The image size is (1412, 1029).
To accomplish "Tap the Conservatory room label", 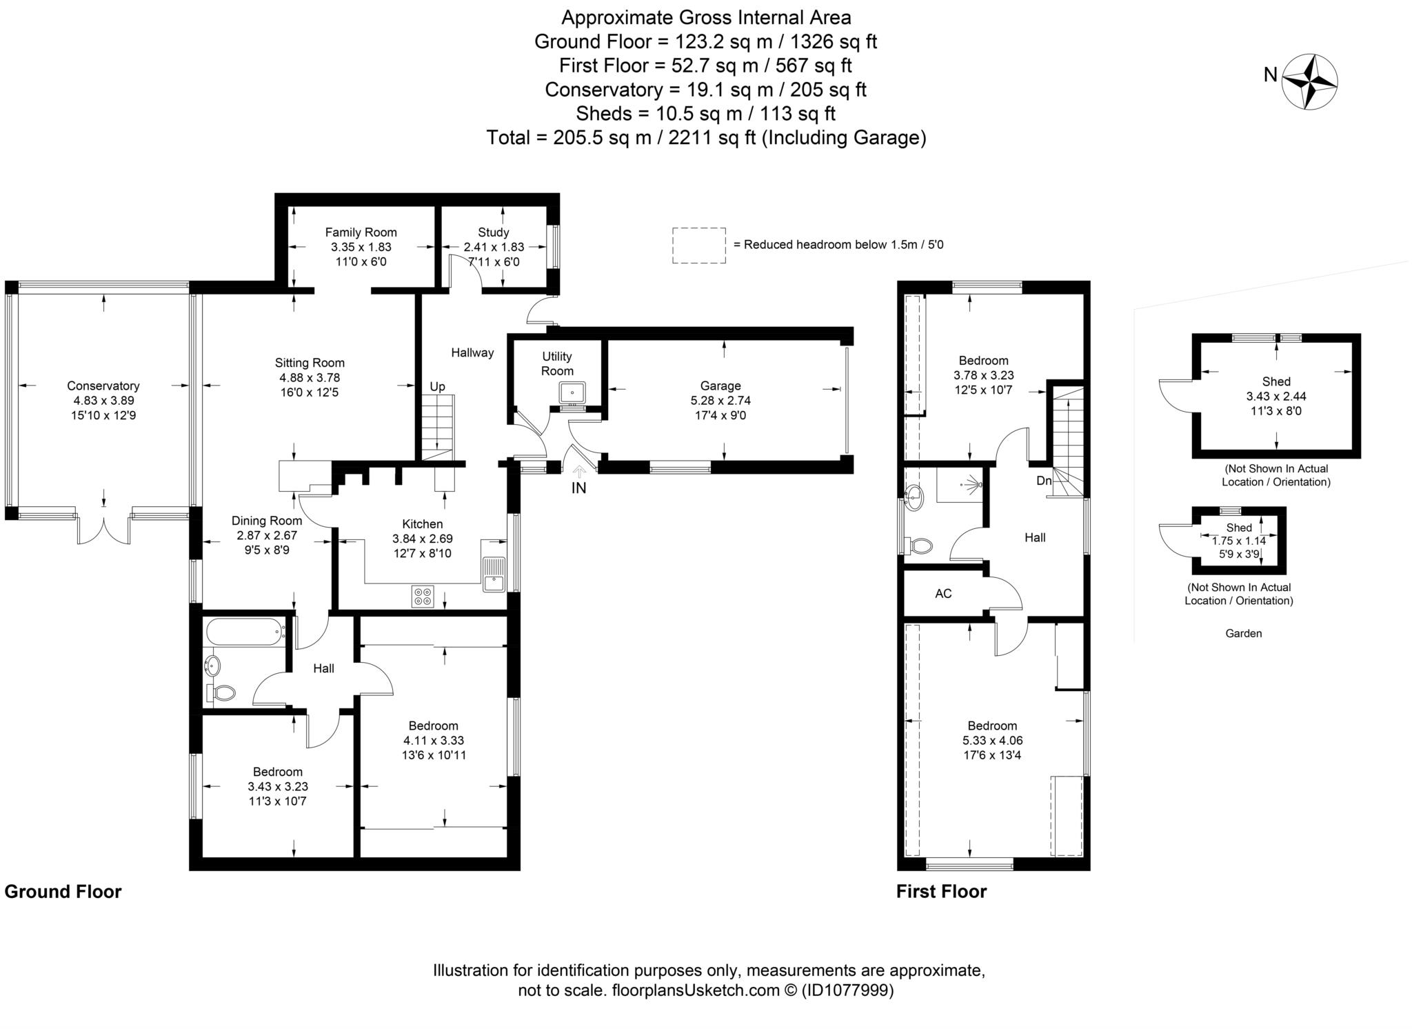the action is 103,386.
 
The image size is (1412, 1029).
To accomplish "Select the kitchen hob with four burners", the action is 423,596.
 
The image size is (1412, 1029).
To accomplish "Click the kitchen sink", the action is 494,575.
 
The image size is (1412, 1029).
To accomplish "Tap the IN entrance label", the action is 578,488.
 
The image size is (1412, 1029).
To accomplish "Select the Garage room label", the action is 720,386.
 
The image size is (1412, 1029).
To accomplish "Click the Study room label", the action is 494,232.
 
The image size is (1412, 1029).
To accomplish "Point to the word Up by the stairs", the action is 437,387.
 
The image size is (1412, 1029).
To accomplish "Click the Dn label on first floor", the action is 1044,481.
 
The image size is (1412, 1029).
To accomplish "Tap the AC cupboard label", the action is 943,594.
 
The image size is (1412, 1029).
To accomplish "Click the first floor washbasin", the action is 914,498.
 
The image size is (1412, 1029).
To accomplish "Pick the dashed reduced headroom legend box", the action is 699,246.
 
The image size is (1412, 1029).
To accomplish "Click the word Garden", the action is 1244,633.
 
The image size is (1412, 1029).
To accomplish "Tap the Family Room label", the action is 361,232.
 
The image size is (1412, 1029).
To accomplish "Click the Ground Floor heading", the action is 63,892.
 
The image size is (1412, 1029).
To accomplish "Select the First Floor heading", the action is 942,892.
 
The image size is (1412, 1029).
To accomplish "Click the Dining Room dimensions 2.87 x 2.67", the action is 268,535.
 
